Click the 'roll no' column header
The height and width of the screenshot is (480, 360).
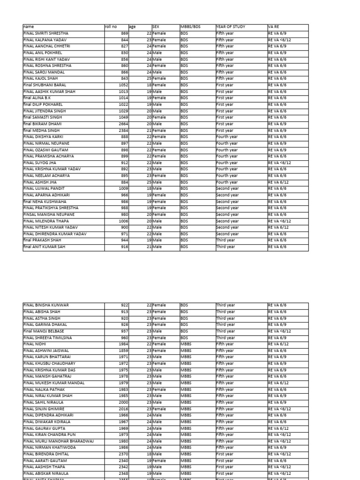[x=111, y=27]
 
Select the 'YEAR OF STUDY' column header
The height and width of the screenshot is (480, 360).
[x=231, y=27]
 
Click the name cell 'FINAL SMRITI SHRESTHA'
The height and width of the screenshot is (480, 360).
[x=46, y=34]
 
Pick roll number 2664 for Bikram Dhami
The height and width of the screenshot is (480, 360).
[x=122, y=124]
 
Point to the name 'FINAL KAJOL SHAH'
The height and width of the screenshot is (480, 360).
[x=41, y=79]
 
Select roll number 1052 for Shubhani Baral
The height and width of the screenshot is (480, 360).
[x=122, y=85]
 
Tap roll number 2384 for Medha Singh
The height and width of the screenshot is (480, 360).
[x=122, y=131]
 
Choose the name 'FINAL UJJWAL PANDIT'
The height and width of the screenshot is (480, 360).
[x=44, y=189]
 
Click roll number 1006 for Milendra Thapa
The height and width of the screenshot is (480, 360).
[x=122, y=221]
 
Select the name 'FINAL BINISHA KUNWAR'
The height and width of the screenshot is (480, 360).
[x=46, y=305]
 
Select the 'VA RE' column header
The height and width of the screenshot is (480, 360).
[x=274, y=27]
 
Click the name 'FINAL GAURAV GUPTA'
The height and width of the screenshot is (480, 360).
[x=44, y=428]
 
